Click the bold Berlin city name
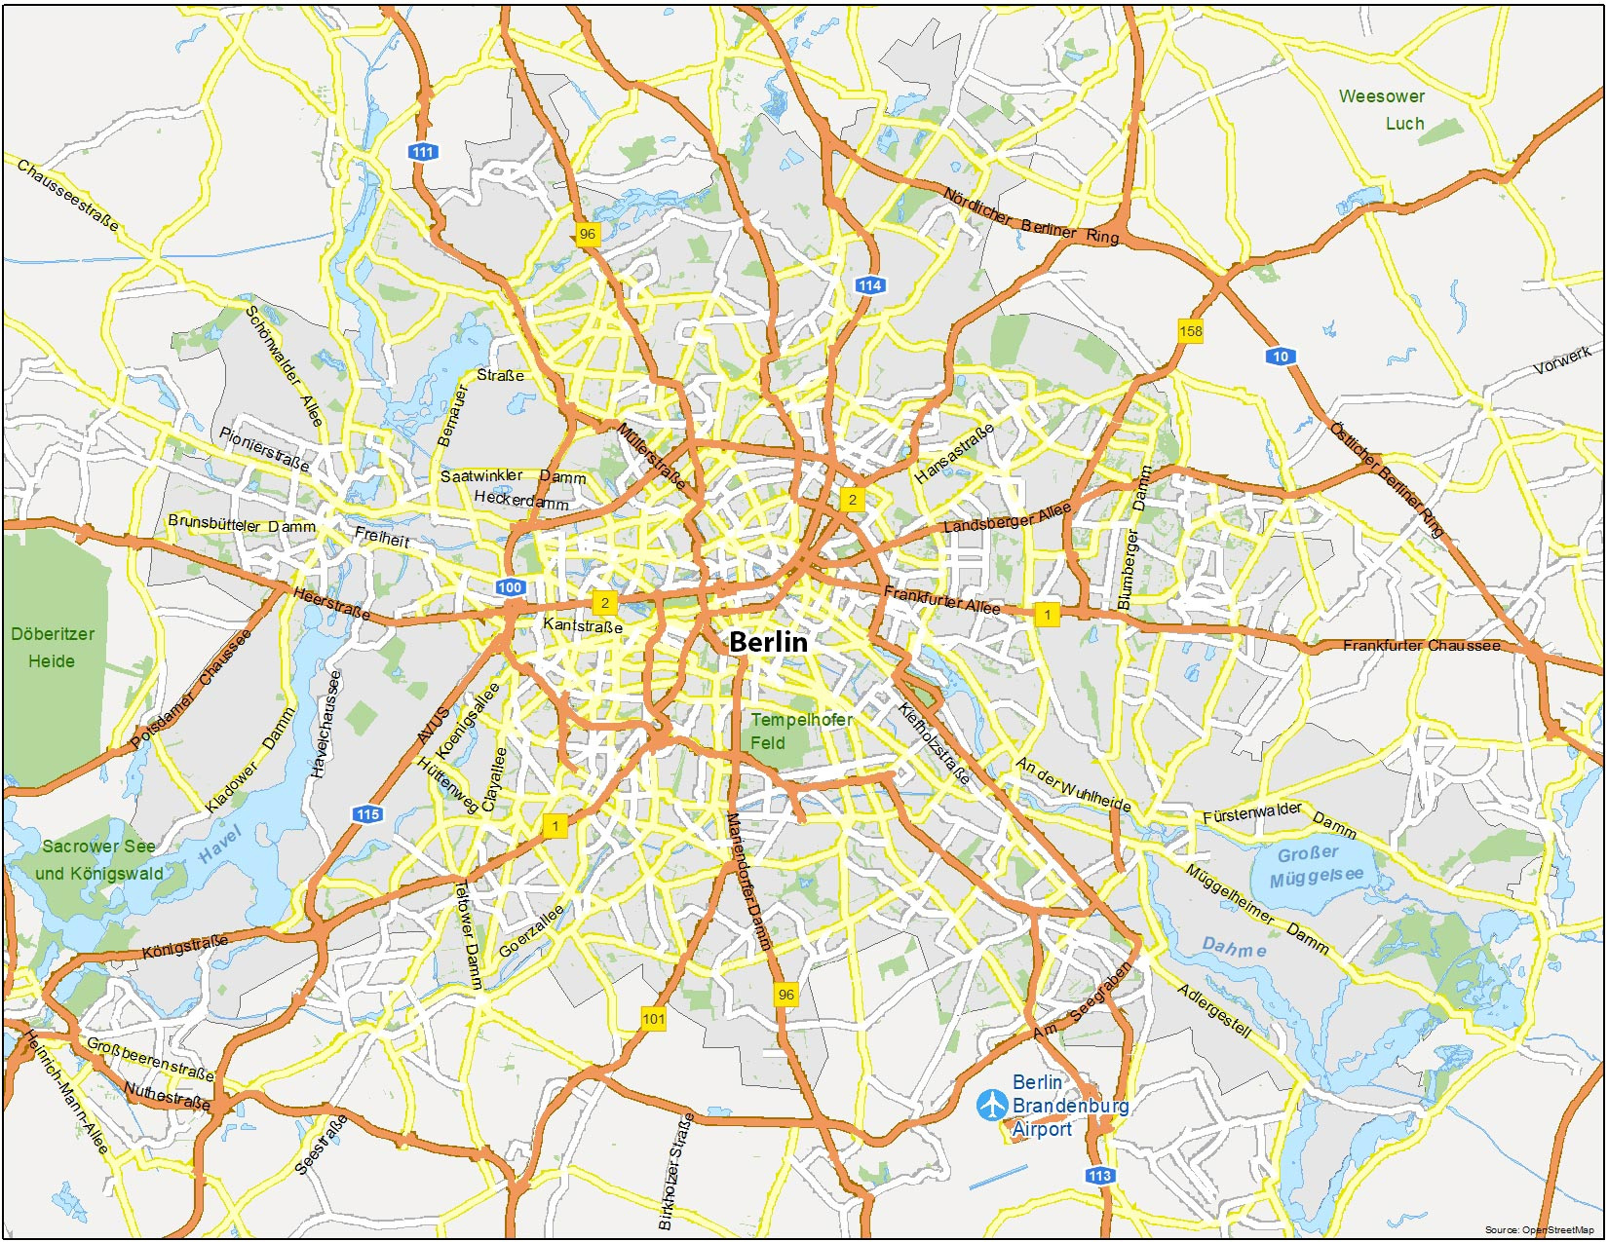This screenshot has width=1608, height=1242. point(768,642)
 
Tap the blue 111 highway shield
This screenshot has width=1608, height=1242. point(422,152)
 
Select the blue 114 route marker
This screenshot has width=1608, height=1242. point(869,285)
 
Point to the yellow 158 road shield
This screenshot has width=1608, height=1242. point(1190,331)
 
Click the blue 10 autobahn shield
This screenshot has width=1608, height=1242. point(1281,357)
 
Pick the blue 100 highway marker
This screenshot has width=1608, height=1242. point(510,587)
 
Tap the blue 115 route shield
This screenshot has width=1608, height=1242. point(367,814)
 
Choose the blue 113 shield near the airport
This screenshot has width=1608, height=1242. point(1099,1176)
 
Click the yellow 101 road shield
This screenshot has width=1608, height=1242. point(653,1019)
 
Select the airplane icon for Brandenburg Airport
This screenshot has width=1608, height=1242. point(992,1105)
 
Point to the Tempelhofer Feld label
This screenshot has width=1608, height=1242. point(800,732)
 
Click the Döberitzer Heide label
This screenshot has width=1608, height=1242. point(53,648)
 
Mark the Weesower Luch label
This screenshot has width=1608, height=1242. point(1382,110)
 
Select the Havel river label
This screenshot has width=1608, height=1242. point(219,845)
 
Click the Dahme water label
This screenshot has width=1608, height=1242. point(1234,947)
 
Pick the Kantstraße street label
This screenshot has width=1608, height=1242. point(583,625)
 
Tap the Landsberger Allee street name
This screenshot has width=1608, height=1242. point(1007,517)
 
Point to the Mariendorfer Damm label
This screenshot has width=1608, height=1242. point(749,882)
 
